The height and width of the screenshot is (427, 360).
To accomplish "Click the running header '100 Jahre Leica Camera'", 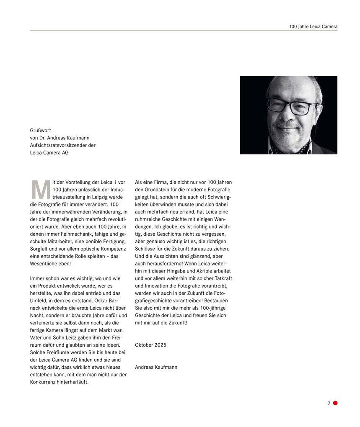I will (313, 26).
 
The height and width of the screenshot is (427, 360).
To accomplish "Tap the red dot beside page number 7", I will (335, 403).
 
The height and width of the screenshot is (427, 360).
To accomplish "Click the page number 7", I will (329, 404).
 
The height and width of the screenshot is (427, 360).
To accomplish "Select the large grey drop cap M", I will (41, 190).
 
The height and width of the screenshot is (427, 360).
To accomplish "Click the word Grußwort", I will (41, 131).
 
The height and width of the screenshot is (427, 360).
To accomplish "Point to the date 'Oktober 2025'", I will (150, 345).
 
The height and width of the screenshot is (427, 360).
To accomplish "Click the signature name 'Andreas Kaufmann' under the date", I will (156, 367).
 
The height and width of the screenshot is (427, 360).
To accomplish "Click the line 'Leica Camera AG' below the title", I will (49, 153).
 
